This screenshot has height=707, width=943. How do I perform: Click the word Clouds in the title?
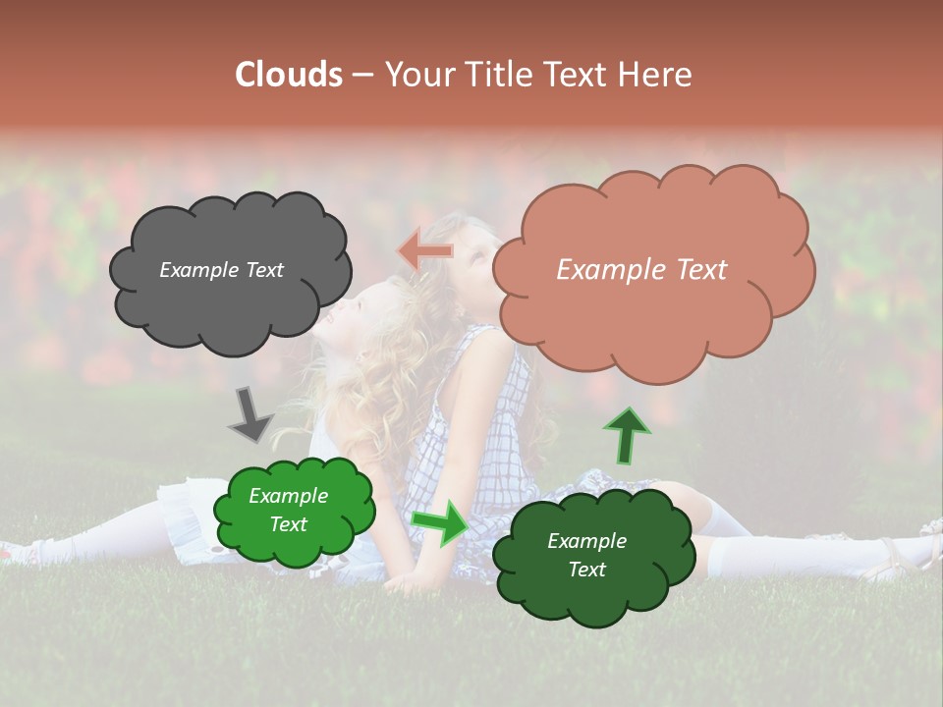pyautogui.click(x=288, y=75)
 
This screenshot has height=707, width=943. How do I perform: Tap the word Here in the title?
pyautogui.click(x=656, y=75)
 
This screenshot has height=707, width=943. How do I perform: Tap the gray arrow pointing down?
pyautogui.click(x=250, y=413)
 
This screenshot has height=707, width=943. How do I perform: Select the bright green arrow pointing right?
pyautogui.click(x=440, y=522)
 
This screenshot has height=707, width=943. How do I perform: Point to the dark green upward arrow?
pyautogui.click(x=626, y=436)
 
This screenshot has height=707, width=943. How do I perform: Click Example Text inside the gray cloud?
pyautogui.click(x=221, y=270)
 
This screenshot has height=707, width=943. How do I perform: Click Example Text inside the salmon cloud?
pyautogui.click(x=641, y=270)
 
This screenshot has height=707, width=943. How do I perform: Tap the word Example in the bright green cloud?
pyautogui.click(x=288, y=496)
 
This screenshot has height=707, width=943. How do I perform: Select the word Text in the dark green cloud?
pyautogui.click(x=586, y=570)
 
